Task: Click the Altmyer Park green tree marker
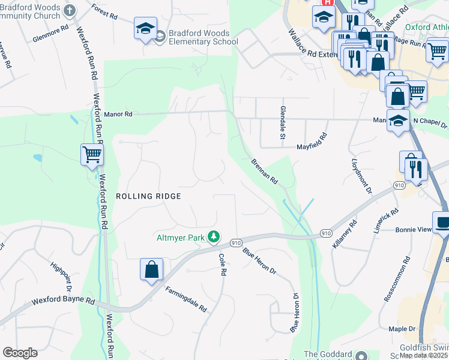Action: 213,237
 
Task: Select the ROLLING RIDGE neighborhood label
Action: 148,196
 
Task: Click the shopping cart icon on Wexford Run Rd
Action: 92,155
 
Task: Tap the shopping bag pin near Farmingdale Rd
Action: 151,269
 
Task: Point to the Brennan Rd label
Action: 264,171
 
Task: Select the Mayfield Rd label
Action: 312,142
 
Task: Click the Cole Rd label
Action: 222,264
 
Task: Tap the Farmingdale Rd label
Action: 182,298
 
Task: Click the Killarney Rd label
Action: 344,235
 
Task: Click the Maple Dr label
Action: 402,329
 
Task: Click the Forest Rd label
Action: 104,11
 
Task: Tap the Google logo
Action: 20,353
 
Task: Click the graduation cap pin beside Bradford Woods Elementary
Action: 145,29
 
